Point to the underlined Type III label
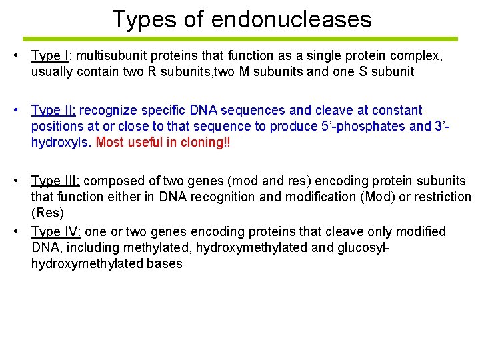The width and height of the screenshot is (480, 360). point(55,181)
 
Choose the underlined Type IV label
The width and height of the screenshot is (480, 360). point(56,231)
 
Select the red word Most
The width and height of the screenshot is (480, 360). point(110,142)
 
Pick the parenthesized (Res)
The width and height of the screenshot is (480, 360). point(48,213)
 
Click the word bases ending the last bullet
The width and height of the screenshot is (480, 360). point(164,263)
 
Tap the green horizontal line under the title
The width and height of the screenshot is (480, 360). point(240,39)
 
